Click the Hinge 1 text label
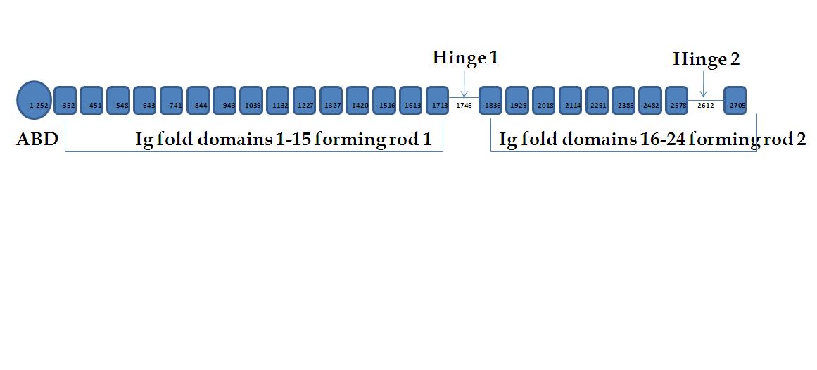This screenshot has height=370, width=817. coord(465,58)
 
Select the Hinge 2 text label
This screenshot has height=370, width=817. coord(706,59)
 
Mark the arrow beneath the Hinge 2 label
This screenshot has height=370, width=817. coord(704,85)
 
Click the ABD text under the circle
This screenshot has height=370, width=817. coord(37,139)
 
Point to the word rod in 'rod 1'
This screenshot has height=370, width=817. coord(409,139)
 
